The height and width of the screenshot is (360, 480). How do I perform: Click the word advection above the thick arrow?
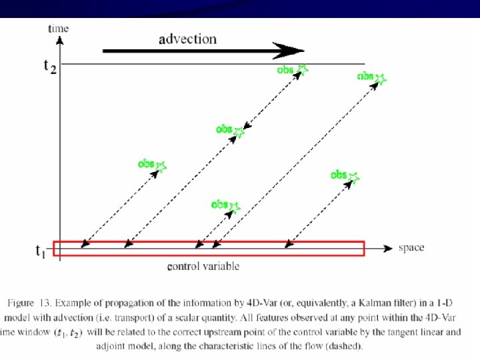click(x=187, y=39)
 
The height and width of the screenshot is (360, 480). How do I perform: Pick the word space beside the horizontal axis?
click(x=411, y=248)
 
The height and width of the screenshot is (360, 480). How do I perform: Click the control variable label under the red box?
click(x=203, y=267)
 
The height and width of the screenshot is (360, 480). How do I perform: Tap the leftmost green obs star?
click(x=160, y=167)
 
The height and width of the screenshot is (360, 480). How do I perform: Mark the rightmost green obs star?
click(x=380, y=79)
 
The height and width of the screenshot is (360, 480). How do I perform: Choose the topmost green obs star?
click(x=302, y=69)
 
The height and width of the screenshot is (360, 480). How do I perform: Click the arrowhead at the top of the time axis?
click(x=60, y=39)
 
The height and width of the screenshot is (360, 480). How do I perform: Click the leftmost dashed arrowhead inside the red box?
click(x=84, y=245)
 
